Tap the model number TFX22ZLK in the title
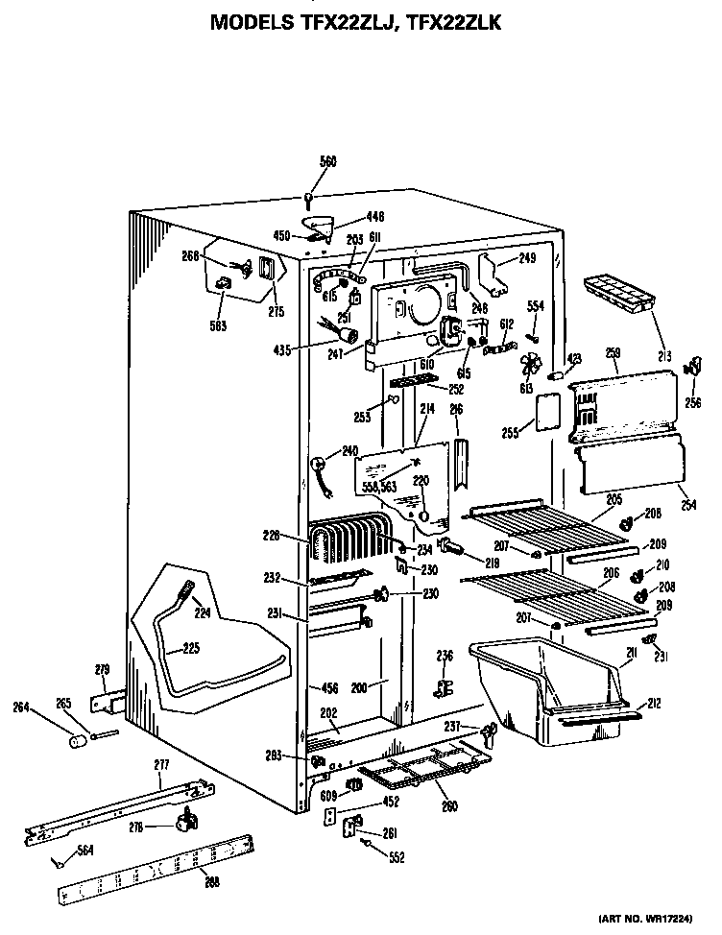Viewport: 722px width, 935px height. coord(451,20)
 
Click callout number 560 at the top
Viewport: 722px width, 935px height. coord(328,162)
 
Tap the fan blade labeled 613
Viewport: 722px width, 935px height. coord(529,369)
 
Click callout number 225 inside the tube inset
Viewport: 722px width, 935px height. coord(190,648)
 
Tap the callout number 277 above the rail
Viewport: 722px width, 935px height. coord(160,764)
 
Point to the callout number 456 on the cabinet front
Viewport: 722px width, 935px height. coord(329,687)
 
